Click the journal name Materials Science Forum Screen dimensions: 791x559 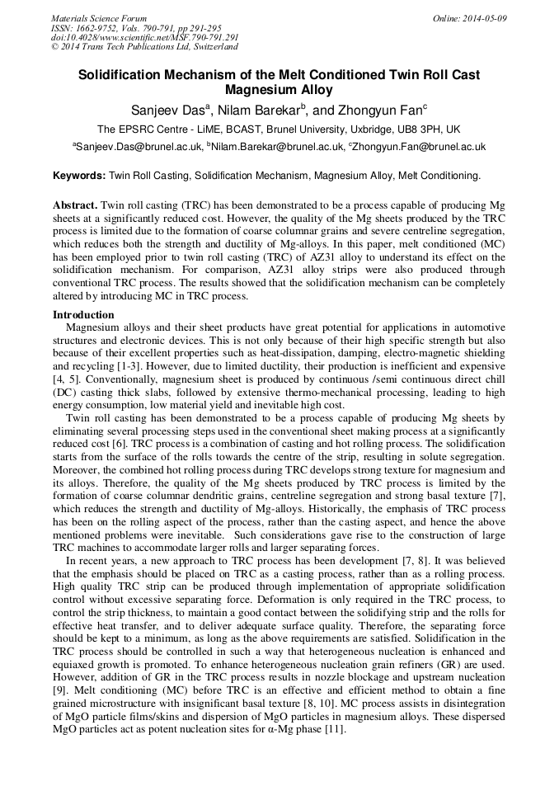99,18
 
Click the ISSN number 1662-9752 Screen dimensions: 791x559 100,28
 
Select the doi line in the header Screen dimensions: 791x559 145,38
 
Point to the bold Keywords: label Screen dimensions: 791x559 79,176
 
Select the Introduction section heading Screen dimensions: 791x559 83,315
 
